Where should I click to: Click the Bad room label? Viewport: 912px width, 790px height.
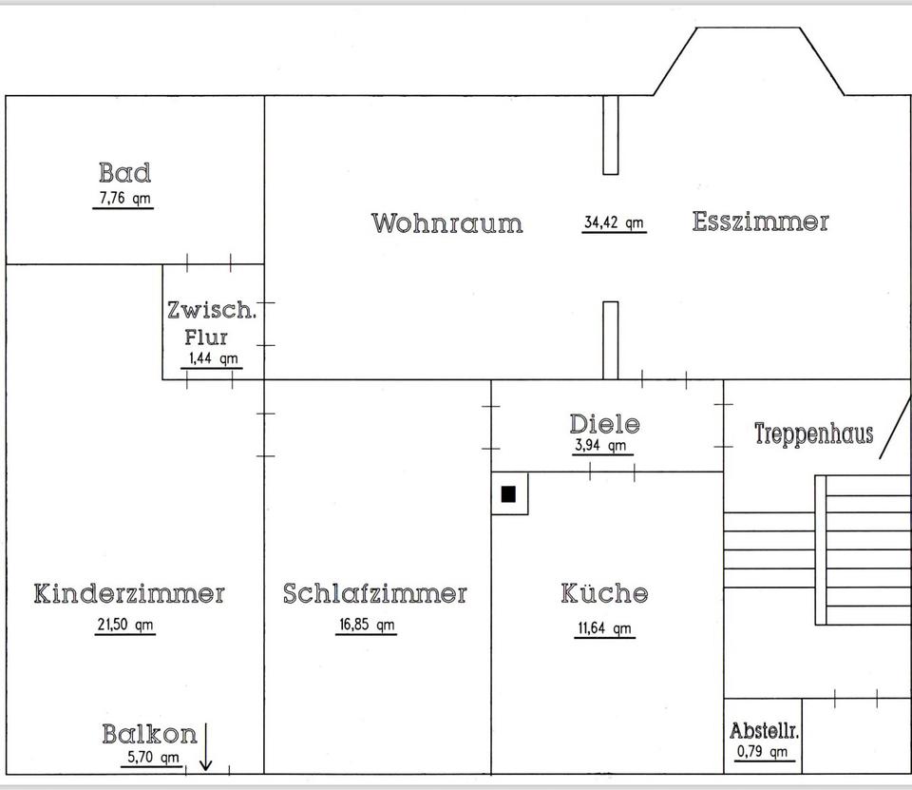coord(124,173)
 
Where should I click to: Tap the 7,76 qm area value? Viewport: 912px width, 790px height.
coord(123,199)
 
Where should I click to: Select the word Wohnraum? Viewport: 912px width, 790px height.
coord(446,223)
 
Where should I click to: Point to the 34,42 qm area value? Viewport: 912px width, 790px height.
coord(614,223)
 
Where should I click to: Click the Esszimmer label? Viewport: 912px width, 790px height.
coord(760,222)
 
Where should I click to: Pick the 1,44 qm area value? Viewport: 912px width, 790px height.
coord(214,358)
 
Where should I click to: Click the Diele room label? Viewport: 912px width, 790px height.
coord(604,424)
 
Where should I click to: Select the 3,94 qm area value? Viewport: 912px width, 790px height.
coord(601,445)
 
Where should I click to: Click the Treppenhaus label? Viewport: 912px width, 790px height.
coord(813,434)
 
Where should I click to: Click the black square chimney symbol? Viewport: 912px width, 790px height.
coord(508,493)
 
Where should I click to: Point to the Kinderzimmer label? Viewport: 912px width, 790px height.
coord(129,594)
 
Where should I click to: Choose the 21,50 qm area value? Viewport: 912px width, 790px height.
coord(124,625)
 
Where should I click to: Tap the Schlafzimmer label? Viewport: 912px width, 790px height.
coord(375,594)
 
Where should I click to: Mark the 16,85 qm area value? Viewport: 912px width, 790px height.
coord(367,625)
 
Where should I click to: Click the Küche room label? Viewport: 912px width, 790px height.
coord(604,594)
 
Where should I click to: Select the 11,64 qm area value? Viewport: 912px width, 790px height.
coord(603,627)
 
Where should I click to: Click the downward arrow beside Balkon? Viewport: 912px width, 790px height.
coord(206,747)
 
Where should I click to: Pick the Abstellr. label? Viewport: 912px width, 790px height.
coord(764,731)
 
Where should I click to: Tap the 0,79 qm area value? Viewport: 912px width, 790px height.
coord(763,753)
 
